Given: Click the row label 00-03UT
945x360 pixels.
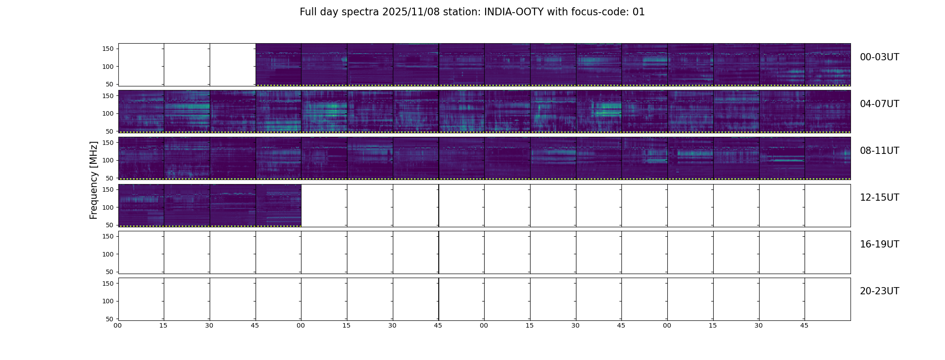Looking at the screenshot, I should tap(879, 57).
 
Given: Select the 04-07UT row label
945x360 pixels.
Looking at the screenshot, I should tap(879, 104).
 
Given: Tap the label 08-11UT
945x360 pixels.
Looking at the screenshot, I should tap(879, 151).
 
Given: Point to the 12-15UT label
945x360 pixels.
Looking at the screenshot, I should tap(879, 198).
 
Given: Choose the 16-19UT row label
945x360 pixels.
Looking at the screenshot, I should tap(879, 244).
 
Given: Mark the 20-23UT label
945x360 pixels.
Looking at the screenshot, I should tap(879, 291).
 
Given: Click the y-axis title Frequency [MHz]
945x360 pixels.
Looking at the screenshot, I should tap(94, 180).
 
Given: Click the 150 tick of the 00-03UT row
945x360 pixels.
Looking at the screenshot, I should tap(108, 49).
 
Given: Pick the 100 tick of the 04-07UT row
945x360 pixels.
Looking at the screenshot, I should tap(108, 113).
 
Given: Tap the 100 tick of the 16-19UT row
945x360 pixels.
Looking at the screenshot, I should tap(108, 254).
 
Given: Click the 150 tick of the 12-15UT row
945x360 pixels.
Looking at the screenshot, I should tap(108, 189).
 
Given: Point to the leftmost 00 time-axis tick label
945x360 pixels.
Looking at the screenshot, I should tap(118, 325).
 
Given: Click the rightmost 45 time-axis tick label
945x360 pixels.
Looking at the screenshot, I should tap(804, 325).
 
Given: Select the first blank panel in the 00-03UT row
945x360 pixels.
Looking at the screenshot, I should tap(141, 64).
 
